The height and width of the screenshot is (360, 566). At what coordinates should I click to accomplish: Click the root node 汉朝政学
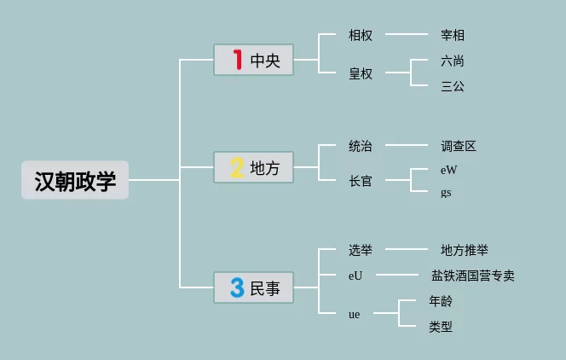point(75,180)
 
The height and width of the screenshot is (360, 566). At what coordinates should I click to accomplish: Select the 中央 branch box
point(253,60)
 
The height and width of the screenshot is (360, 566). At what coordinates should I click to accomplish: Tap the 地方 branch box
point(253,167)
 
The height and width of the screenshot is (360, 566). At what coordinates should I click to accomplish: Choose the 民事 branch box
point(253,287)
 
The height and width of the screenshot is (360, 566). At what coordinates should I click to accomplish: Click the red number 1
point(237,60)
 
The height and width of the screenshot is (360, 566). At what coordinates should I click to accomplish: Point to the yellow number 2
point(237,167)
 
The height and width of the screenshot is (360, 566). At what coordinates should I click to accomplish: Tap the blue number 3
point(237,287)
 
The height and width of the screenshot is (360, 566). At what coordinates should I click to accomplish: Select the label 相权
point(361,36)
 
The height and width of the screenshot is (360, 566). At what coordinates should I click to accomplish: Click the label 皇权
point(361,73)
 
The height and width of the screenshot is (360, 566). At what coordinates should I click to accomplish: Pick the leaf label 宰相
point(453,36)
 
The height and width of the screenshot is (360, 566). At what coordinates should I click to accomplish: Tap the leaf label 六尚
point(453,61)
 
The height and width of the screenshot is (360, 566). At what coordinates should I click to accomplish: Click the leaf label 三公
point(453,86)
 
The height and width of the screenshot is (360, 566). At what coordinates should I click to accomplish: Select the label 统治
point(361,146)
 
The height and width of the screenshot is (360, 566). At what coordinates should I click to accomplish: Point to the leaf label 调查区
point(459,146)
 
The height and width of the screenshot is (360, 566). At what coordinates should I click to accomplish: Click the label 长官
point(361,181)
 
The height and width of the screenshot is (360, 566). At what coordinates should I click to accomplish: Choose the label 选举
point(361,250)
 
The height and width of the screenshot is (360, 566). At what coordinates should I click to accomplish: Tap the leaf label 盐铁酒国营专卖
point(473,276)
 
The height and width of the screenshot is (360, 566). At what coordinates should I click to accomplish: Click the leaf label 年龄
point(441,301)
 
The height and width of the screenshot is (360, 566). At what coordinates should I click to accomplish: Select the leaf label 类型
point(441,326)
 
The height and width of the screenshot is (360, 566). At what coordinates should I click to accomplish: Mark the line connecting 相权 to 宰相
point(407,36)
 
